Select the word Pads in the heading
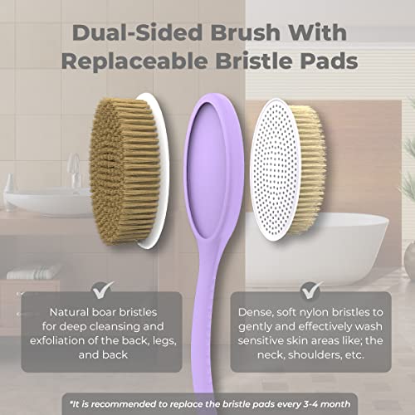[x=318, y=63]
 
